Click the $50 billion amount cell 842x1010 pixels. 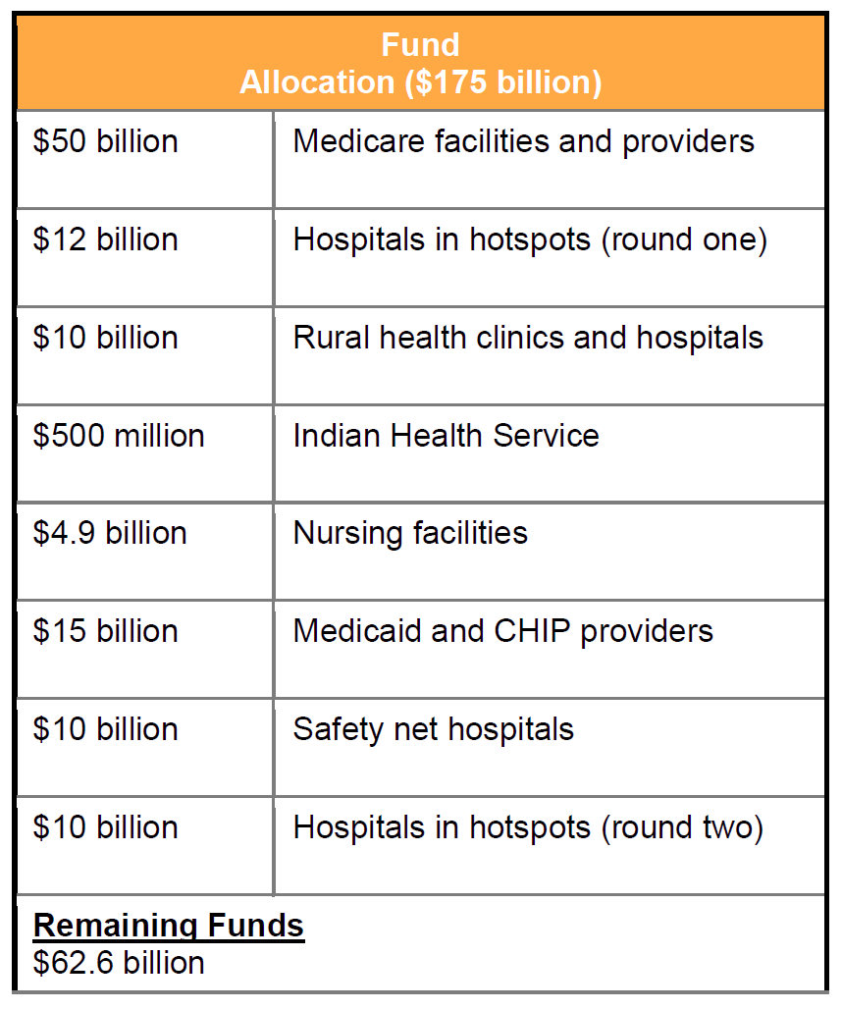point(106,141)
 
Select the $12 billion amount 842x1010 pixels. point(106,239)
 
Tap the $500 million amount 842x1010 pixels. point(119,435)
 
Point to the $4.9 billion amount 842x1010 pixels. point(110,533)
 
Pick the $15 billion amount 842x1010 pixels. point(106,631)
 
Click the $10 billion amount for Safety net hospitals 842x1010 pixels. point(106,729)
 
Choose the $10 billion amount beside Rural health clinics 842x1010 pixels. point(106,338)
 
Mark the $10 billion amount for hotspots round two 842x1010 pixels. point(106,827)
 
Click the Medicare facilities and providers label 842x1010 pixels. point(523,141)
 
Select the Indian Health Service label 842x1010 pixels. point(446,435)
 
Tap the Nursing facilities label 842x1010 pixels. point(410,533)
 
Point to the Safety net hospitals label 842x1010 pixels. point(433,729)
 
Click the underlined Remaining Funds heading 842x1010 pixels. point(169,926)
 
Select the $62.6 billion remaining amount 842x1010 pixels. point(119,963)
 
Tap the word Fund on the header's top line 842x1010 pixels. point(420,45)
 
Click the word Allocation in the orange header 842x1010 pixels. point(318,82)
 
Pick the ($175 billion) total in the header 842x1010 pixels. point(502,82)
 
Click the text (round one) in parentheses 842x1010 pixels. point(684,239)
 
